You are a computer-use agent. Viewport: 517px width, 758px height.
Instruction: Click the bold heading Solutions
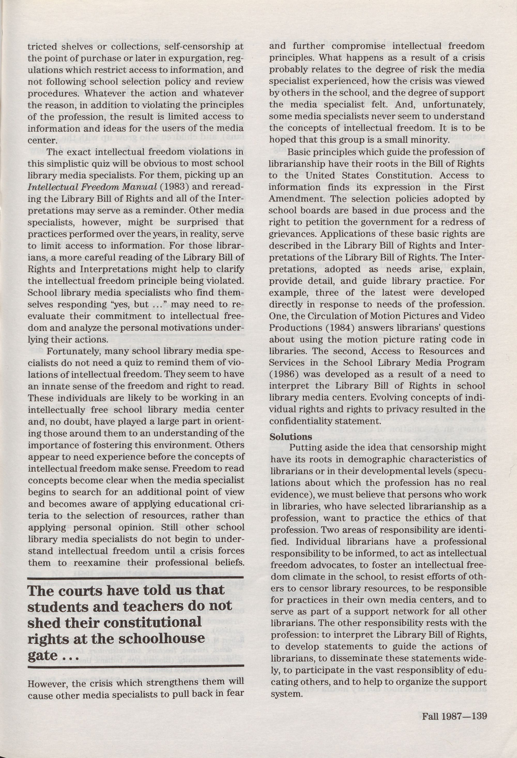tap(291, 436)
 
